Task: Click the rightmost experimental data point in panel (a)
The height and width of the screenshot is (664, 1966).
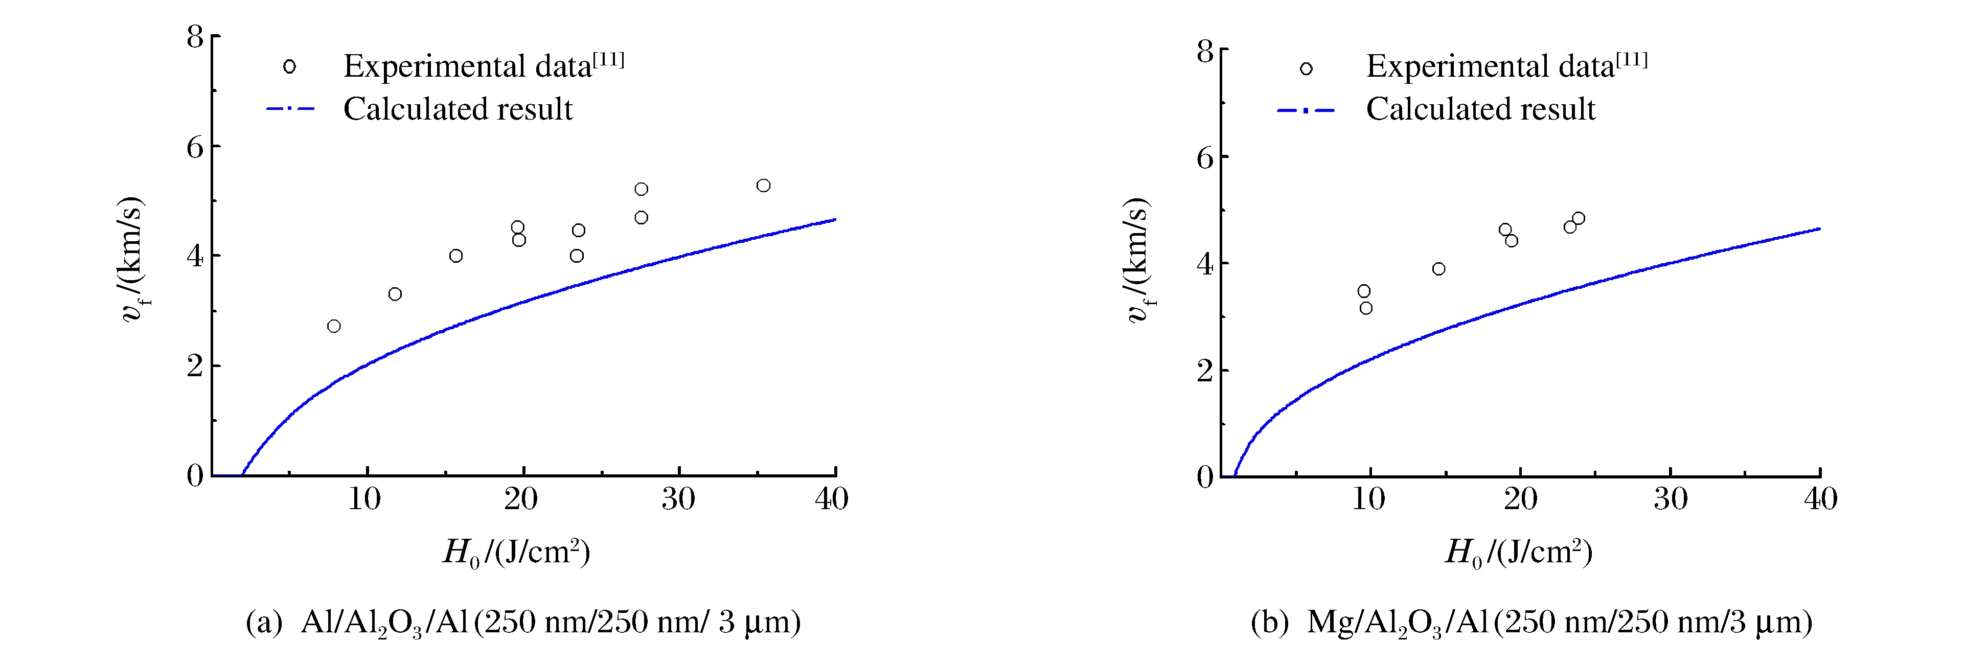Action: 763,186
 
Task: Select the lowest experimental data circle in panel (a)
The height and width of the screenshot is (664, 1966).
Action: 333,326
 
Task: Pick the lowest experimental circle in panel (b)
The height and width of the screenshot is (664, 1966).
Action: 1366,308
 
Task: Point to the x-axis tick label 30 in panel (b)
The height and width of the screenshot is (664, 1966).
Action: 1671,499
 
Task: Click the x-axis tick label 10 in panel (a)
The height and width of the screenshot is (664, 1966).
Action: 365,499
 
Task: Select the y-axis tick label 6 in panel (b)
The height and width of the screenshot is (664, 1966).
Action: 1204,158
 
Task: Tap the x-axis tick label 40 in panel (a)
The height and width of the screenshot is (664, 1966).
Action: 831,499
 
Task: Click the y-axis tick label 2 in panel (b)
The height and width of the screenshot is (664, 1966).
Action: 1204,372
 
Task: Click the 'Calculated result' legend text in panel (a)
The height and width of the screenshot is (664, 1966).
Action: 458,109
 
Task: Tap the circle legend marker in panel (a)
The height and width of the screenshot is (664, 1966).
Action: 289,66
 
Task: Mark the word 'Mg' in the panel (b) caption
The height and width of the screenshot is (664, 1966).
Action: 1327,623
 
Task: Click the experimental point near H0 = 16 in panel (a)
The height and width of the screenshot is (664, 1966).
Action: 455,256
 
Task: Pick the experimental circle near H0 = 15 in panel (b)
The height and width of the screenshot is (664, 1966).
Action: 1438,269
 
